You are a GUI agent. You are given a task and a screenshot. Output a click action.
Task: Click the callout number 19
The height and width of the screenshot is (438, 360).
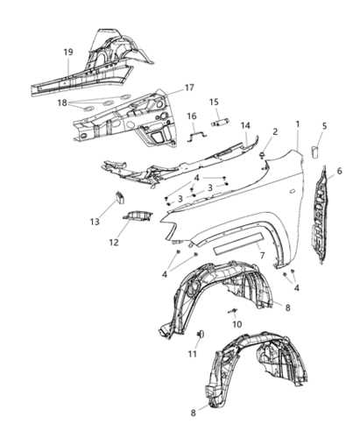coord(68,53)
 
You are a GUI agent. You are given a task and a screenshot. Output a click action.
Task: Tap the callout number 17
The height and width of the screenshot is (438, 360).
coord(189,88)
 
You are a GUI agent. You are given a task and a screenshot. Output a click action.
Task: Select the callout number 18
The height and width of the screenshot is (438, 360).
coord(62,102)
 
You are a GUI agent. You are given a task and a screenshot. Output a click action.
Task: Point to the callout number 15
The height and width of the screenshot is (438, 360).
coord(214,102)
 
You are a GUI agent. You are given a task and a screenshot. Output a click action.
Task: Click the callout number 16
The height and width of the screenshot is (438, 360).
coord(192,116)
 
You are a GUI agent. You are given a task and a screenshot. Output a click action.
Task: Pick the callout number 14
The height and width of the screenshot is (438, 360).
coord(245,125)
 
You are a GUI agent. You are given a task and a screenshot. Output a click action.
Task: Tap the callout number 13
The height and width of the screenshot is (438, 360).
coord(95,222)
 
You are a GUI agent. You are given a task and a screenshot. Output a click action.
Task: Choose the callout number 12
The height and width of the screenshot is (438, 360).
coord(114,242)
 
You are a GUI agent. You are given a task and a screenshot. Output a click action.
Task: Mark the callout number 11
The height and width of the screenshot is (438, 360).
coord(192,354)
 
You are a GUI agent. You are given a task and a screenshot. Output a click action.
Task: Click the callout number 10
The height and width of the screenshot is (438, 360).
coord(237,324)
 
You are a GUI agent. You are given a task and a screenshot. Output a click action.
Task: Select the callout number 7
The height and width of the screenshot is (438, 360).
coord(262,256)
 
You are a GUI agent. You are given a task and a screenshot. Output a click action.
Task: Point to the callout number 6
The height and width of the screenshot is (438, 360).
coord(339,171)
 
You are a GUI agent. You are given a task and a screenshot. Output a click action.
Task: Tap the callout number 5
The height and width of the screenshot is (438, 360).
coord(324,126)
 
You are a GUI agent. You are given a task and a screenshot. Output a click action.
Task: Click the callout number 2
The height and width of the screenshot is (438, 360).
coord(275,131)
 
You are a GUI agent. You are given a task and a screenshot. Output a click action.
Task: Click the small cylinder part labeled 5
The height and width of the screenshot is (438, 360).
coord(315,152)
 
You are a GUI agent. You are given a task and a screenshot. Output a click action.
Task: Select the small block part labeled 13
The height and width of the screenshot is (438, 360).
coord(120,197)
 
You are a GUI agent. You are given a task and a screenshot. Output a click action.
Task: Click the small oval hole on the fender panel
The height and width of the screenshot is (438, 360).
coord(292,191)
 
